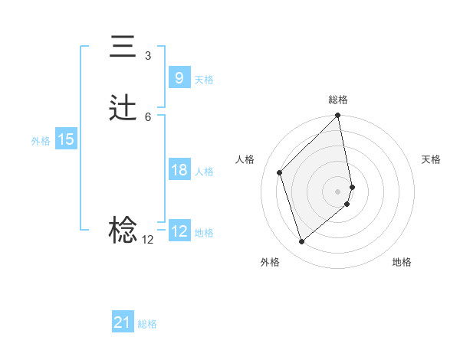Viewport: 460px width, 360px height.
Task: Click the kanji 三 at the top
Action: click(123, 47)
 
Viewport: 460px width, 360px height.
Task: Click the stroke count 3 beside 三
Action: click(147, 56)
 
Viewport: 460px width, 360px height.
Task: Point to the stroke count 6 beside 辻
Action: click(147, 116)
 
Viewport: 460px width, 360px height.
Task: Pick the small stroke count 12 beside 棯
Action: click(147, 239)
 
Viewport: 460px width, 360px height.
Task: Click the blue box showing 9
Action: click(179, 78)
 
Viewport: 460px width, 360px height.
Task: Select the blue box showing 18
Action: click(179, 170)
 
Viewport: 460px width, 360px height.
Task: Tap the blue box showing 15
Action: click(65, 139)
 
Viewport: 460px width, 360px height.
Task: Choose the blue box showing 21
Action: click(122, 323)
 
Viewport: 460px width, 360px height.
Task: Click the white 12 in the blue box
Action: click(179, 231)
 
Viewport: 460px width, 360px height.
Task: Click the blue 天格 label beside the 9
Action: click(204, 80)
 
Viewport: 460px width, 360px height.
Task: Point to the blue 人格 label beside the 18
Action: click(204, 172)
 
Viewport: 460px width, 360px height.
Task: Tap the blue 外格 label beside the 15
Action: click(40, 141)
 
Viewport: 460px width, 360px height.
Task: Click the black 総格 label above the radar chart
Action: click(338, 100)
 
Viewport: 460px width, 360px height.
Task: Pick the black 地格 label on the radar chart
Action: click(402, 262)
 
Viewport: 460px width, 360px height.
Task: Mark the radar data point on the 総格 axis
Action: click(338, 116)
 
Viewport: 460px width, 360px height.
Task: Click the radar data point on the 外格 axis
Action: click(302, 242)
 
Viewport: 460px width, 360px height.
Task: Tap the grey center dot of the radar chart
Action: click(338, 191)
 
